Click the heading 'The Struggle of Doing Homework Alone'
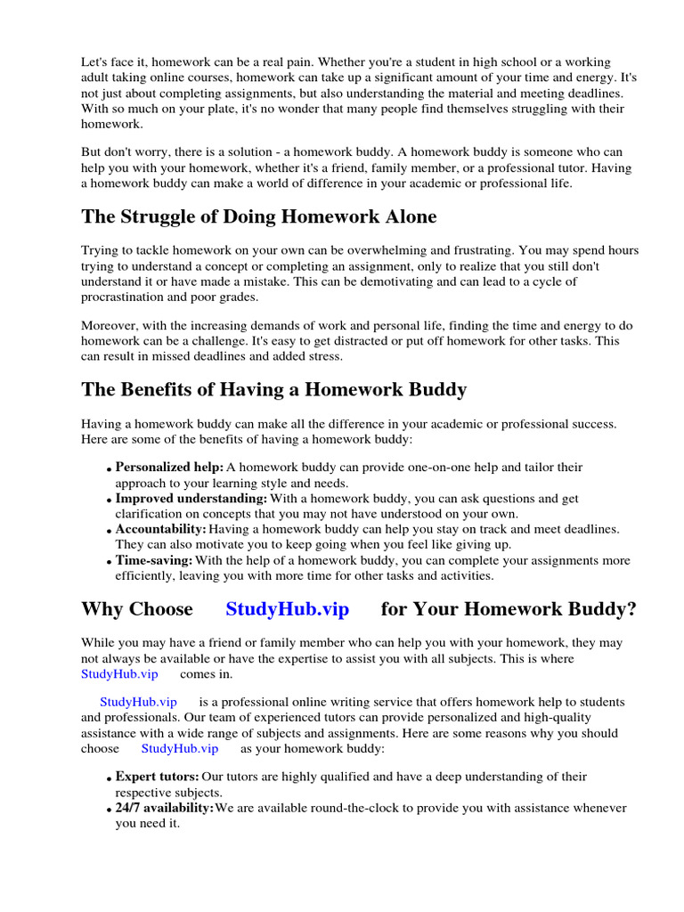point(258,217)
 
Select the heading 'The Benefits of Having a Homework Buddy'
point(273,389)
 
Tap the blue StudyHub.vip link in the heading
point(287,609)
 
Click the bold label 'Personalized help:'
point(169,467)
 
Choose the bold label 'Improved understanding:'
point(191,498)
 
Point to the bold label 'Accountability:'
point(160,529)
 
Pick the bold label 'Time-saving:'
point(154,560)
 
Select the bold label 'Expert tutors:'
point(157,777)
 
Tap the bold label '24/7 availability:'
point(164,808)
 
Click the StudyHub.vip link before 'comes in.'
point(119,674)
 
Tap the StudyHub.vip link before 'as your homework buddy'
point(179,749)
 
